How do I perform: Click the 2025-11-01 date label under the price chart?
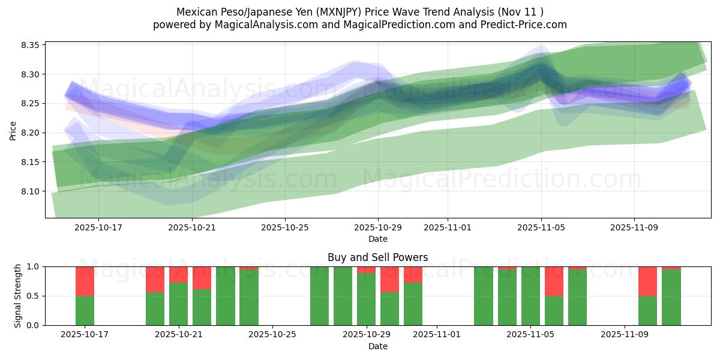pyautogui.click(x=448, y=227)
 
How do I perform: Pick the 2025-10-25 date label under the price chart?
pyautogui.click(x=285, y=227)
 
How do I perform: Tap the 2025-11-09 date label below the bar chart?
pyautogui.click(x=625, y=335)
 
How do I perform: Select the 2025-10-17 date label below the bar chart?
pyautogui.click(x=85, y=335)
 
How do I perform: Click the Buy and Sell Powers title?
pyautogui.click(x=377, y=257)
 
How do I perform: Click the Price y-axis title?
pyautogui.click(x=13, y=130)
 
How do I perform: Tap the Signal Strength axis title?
pyautogui.click(x=18, y=296)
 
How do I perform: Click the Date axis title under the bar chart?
pyautogui.click(x=377, y=346)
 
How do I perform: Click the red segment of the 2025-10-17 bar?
pyautogui.click(x=85, y=281)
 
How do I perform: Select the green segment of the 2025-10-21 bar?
pyautogui.click(x=178, y=304)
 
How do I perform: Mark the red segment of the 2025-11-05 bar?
pyautogui.click(x=554, y=281)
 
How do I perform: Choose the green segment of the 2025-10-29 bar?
pyautogui.click(x=366, y=299)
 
